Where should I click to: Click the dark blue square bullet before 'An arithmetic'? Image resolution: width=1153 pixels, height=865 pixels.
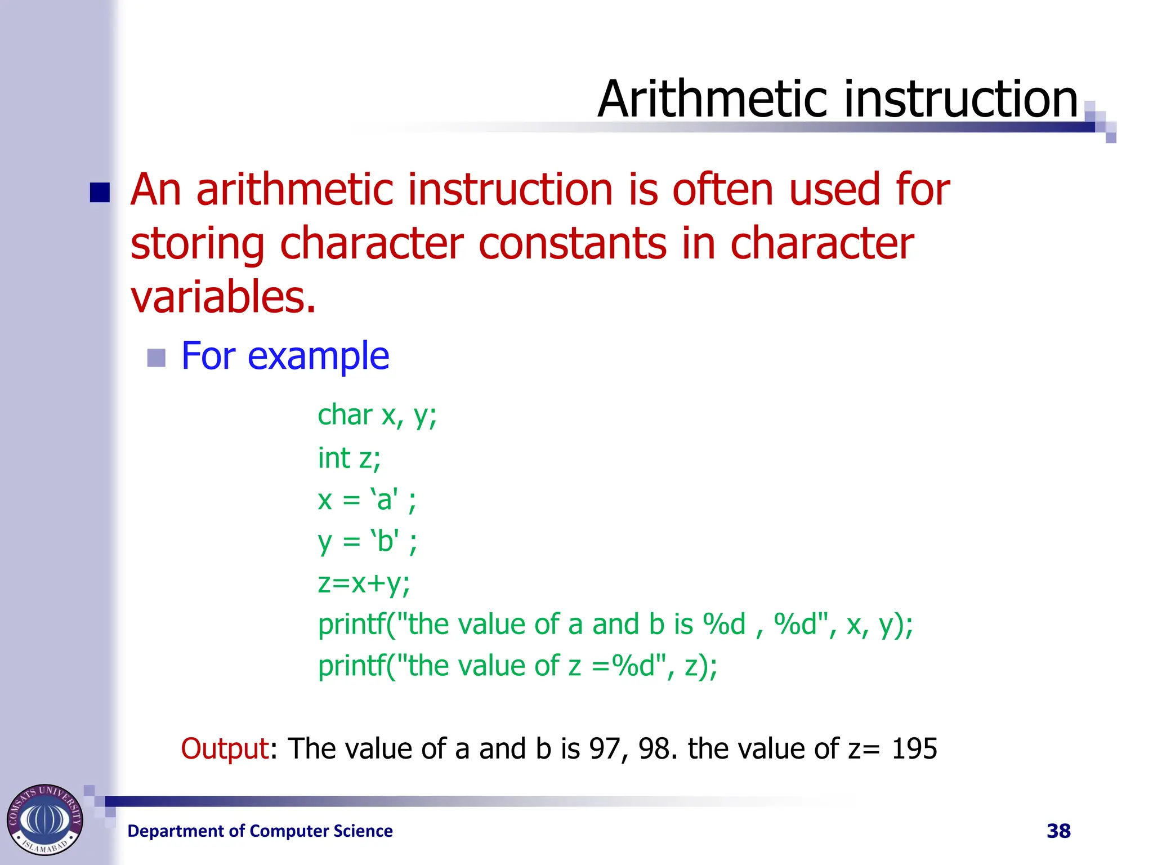(x=100, y=193)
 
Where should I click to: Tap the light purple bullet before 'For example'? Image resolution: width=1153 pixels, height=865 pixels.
(x=156, y=358)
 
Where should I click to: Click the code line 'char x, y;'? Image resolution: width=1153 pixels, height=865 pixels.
(x=377, y=416)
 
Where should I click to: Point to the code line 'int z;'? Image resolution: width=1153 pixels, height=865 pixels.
(x=349, y=457)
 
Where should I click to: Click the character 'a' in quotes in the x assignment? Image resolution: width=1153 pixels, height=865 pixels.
(x=384, y=500)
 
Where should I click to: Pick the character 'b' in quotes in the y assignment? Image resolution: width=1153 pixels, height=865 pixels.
(x=385, y=541)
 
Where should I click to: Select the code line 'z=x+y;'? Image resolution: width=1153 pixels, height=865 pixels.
(x=364, y=583)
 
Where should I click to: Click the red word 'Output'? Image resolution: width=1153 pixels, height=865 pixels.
(x=225, y=749)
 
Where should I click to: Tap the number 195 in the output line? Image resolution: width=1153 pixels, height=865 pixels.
(x=914, y=749)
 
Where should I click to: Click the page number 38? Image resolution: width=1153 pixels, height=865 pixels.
(x=1058, y=831)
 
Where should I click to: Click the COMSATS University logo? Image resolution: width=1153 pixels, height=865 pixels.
(x=45, y=819)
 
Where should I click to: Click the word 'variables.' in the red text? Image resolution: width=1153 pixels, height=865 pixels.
(x=223, y=297)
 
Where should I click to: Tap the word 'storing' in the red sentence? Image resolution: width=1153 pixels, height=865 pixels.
(x=197, y=243)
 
